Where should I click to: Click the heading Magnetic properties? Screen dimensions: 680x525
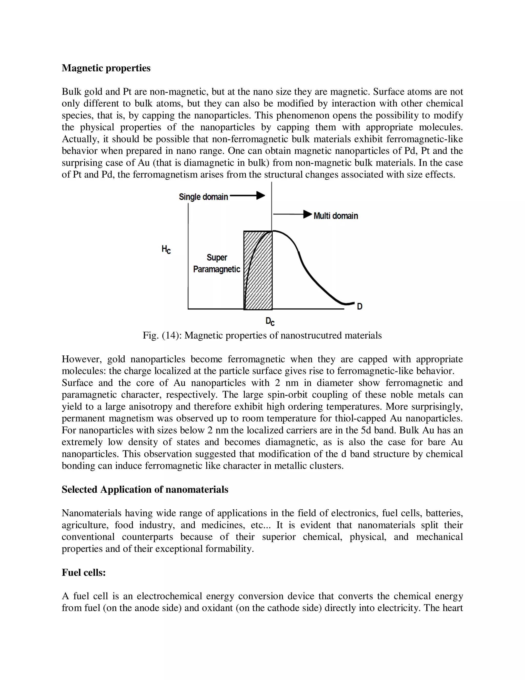(106, 68)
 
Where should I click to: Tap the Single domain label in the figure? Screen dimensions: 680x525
(203, 197)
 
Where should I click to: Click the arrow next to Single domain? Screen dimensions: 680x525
(247, 196)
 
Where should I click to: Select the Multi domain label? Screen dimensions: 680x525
(336, 216)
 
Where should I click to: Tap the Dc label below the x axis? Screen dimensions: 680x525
(270, 321)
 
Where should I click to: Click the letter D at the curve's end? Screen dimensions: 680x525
(360, 306)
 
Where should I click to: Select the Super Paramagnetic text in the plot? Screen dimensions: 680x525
(217, 264)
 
